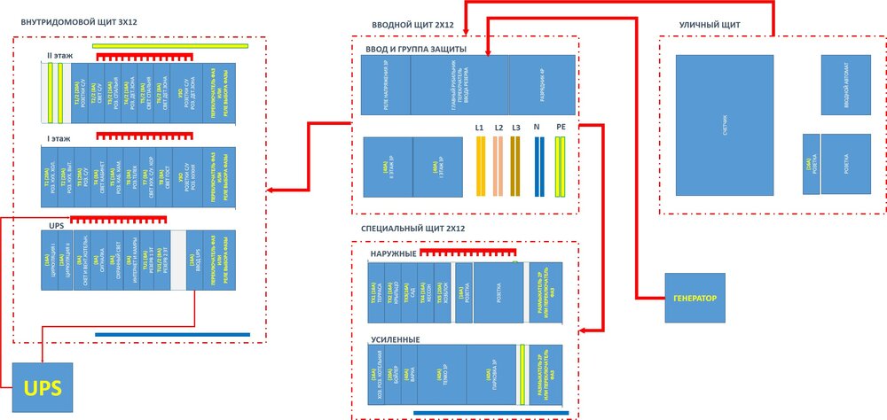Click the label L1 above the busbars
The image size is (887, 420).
coord(479,128)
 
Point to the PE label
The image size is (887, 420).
coord(560,128)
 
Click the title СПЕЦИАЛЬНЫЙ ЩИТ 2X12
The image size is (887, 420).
coord(413,229)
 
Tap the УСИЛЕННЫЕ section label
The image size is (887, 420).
coord(395,339)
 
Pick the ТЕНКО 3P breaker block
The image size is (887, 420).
coord(442,375)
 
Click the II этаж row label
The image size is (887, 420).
coord(59,55)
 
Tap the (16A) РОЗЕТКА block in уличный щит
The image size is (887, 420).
coord(810,164)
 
